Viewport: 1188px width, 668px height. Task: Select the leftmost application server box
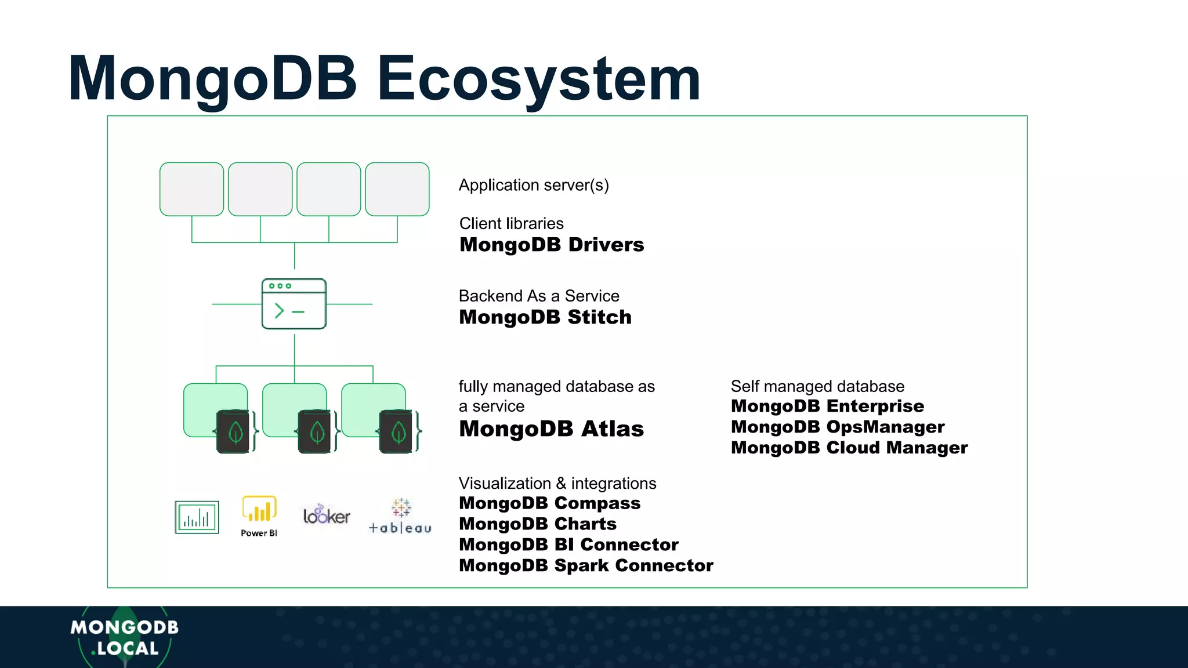tap(191, 189)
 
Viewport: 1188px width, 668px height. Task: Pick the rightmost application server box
tap(397, 189)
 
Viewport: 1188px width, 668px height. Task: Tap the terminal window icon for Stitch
tap(294, 304)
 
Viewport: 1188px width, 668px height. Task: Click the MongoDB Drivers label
tap(551, 245)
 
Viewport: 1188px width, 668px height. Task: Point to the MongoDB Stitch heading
tap(545, 317)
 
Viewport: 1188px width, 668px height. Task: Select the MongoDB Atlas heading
tap(551, 429)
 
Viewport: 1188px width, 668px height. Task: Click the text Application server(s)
tap(534, 185)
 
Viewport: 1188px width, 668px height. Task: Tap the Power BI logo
tap(259, 515)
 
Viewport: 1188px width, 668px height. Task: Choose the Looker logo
tap(327, 515)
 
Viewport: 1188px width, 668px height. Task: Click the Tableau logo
tap(400, 516)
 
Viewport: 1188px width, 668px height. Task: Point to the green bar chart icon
tap(197, 517)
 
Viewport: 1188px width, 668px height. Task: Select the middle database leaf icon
tap(317, 432)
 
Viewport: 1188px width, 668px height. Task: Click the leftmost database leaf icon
tap(236, 432)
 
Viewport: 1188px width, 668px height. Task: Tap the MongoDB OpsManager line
tap(837, 427)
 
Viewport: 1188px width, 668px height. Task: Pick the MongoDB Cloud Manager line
tap(849, 448)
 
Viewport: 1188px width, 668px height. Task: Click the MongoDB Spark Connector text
tap(586, 565)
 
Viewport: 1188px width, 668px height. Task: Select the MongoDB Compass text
tap(549, 503)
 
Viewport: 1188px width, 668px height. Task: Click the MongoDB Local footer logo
tap(124, 637)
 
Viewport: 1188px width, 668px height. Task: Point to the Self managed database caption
tap(817, 386)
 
